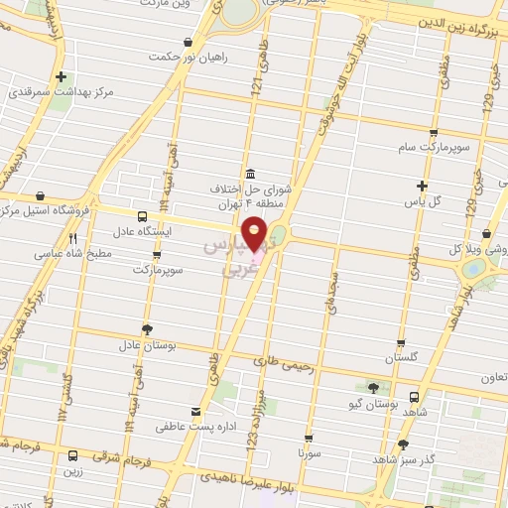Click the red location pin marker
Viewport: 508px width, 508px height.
click(255, 234)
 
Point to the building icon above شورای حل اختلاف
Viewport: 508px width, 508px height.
click(249, 172)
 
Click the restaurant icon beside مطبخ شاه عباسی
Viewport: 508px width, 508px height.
click(71, 238)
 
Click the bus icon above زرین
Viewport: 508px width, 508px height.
click(72, 456)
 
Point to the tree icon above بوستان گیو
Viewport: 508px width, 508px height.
click(373, 388)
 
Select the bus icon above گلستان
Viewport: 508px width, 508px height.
click(401, 338)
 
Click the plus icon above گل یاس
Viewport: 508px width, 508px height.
click(423, 186)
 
